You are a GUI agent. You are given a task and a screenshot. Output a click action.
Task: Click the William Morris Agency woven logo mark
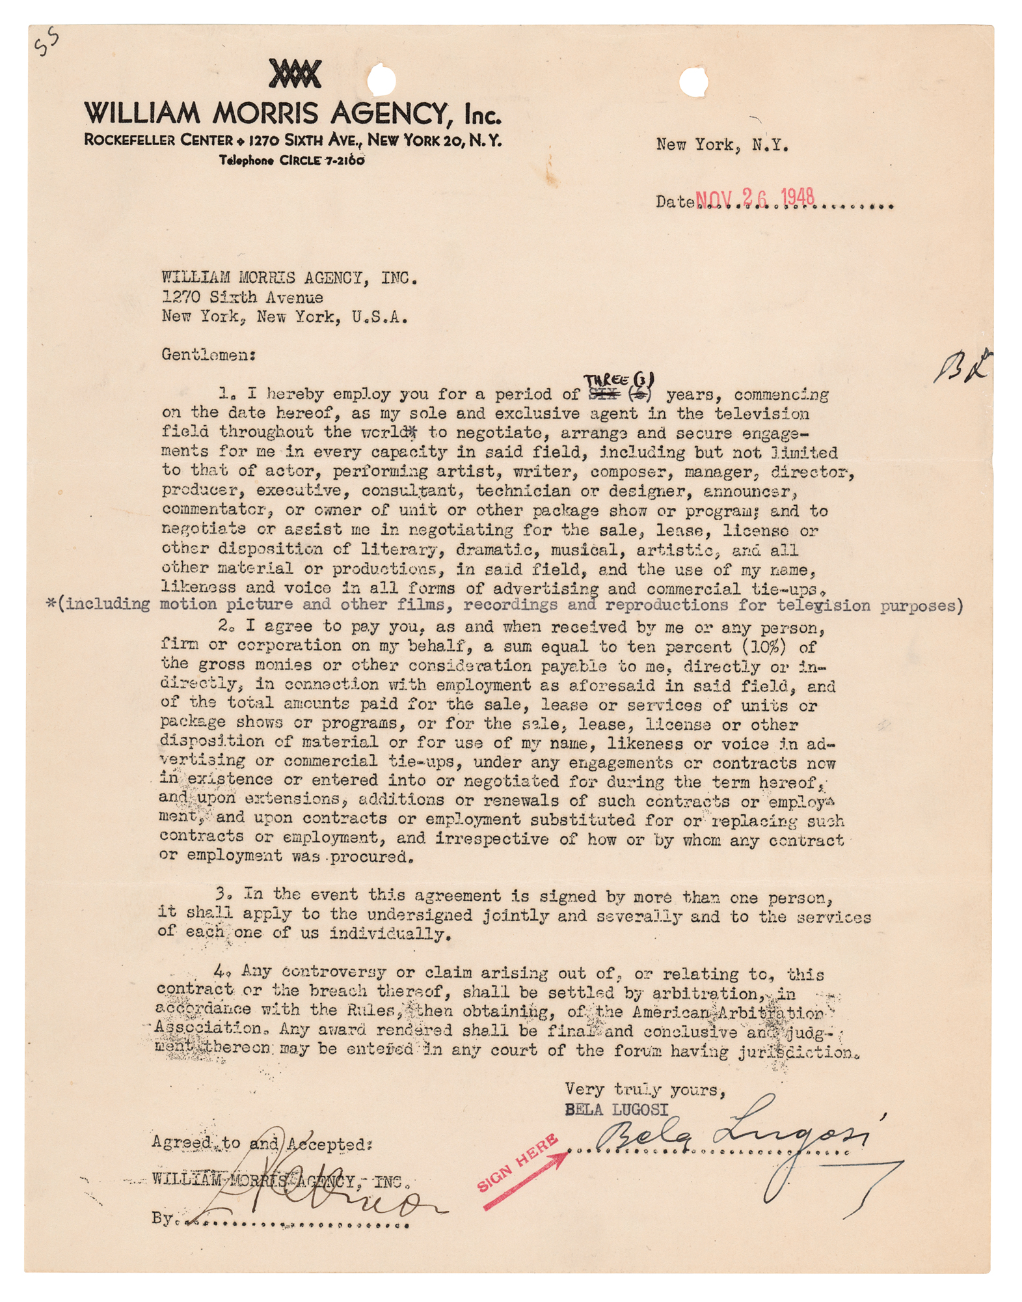pos(295,74)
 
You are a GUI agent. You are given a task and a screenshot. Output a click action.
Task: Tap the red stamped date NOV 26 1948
pos(755,198)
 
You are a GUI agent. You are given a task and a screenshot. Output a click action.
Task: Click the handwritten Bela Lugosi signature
pos(735,1133)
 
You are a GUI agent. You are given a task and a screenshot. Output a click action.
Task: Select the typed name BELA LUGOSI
pos(616,1110)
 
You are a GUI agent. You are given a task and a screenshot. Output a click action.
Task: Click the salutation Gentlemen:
pos(208,355)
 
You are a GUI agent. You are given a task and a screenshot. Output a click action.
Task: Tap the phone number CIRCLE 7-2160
pos(321,160)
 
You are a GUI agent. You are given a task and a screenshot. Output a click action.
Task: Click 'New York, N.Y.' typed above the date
pos(722,145)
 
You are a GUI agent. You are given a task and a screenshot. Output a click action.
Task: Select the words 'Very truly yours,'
pos(645,1089)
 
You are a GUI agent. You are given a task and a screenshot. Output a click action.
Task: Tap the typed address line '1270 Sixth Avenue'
pos(242,298)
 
